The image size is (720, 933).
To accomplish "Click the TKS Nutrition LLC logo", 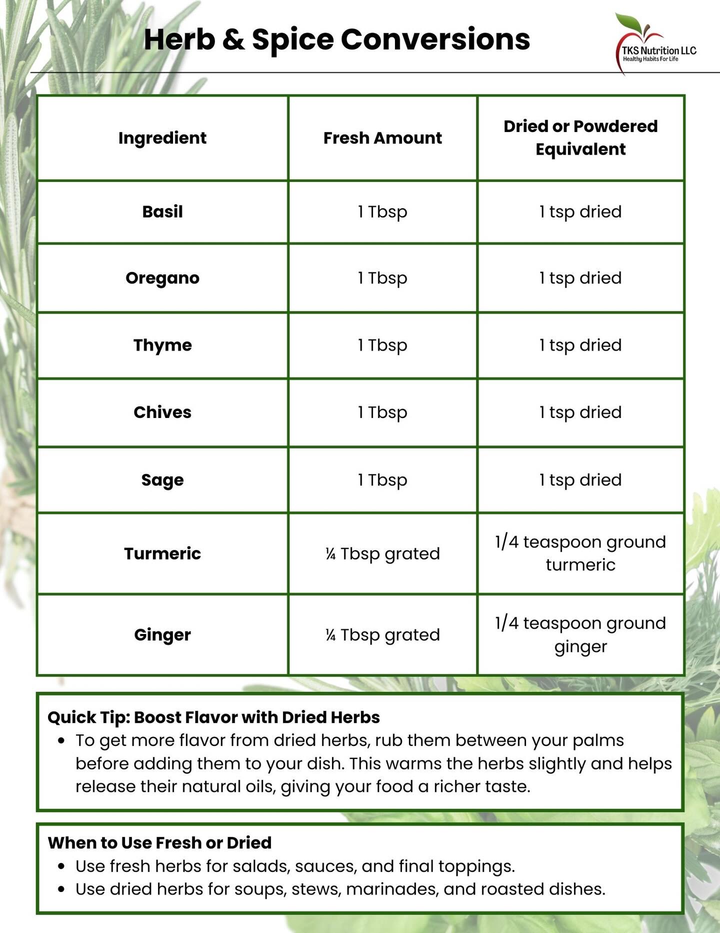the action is point(655,44).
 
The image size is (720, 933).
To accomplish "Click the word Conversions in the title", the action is point(435,39).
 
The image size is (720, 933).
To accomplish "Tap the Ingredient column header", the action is point(162,138).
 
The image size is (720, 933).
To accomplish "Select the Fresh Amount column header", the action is point(382,138).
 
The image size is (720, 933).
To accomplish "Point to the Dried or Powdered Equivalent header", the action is point(580,137).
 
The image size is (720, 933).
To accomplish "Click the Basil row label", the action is point(162,211).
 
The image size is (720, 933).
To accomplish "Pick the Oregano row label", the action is point(162,278).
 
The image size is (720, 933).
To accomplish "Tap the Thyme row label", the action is point(162,345).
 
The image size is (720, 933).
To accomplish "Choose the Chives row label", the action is point(162,412).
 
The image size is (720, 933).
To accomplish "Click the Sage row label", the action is point(162,480).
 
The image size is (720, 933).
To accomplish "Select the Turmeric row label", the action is point(162,553).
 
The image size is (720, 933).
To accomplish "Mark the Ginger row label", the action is point(162,635).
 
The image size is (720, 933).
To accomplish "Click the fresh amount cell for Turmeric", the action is point(382,553).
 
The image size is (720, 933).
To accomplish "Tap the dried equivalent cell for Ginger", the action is point(580,635).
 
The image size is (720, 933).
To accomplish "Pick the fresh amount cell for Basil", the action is point(382,211).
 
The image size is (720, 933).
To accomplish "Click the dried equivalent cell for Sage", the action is point(580,480).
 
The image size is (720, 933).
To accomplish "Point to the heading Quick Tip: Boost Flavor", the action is point(213,717).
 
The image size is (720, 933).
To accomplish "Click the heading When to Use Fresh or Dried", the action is point(159,842).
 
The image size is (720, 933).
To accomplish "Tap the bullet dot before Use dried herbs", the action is point(61,889).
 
